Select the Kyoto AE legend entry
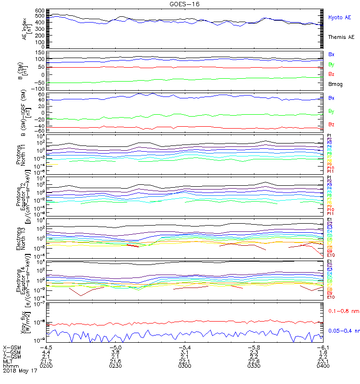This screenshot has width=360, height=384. tap(339, 17)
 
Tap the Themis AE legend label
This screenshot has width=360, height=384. tap(341, 37)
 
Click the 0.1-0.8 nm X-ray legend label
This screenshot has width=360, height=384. tap(343, 312)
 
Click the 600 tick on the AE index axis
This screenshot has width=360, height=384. tap(39, 11)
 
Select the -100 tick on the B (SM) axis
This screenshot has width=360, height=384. tap(38, 89)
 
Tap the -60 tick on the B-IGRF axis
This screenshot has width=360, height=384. tap(40, 131)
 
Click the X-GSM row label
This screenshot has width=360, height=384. tap(11, 347)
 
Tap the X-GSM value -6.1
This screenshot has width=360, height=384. tap(323, 347)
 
